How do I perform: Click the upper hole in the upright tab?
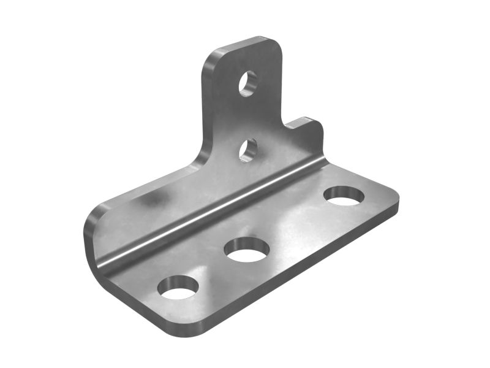pos(247,83)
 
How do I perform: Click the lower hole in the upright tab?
pos(247,150)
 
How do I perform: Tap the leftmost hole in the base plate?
pos(178,287)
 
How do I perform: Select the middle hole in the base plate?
pos(246,249)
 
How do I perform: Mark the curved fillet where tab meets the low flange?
pos(199,159)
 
